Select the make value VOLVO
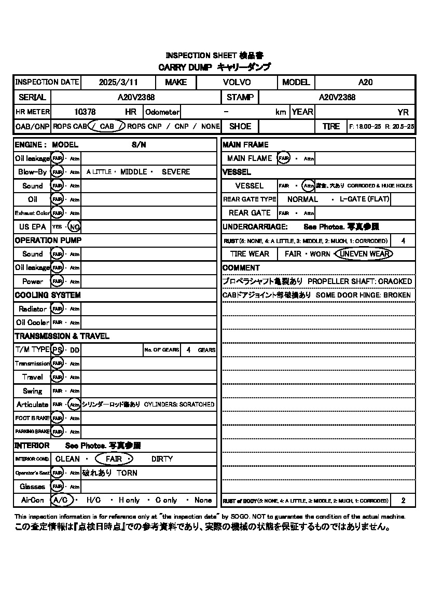pyautogui.click(x=237, y=82)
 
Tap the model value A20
pyautogui.click(x=365, y=82)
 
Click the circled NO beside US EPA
pyautogui.click(x=75, y=226)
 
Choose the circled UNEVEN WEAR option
pyautogui.click(x=364, y=254)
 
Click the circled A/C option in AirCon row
pyautogui.click(x=62, y=500)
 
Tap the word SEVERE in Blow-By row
pyautogui.click(x=176, y=172)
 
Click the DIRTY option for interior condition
pyautogui.click(x=162, y=459)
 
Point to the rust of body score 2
pyautogui.click(x=403, y=501)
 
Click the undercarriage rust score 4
pyautogui.click(x=403, y=241)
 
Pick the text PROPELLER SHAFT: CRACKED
pyautogui.click(x=359, y=281)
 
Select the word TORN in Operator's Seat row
pyautogui.click(x=127, y=473)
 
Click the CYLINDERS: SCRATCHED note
pyautogui.click(x=179, y=404)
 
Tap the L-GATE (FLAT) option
pyautogui.click(x=364, y=199)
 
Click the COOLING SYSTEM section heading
pyautogui.click(x=48, y=295)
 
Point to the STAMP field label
pyautogui.click(x=240, y=97)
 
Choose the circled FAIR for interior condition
pyautogui.click(x=114, y=459)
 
